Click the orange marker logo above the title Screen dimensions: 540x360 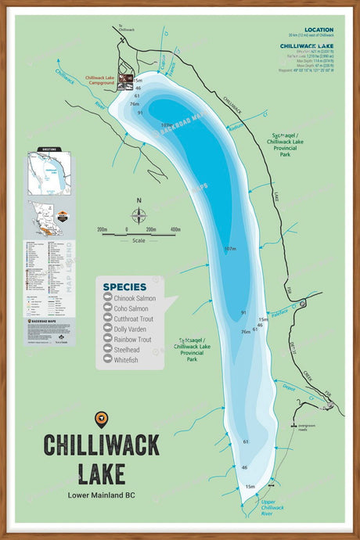click(x=101, y=419)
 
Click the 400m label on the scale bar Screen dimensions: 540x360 click(x=175, y=229)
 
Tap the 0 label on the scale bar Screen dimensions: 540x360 click(x=126, y=229)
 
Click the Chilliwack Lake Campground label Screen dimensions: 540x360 click(x=105, y=80)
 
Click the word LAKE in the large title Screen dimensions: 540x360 click(x=101, y=472)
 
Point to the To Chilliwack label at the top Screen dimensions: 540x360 click(x=121, y=27)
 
